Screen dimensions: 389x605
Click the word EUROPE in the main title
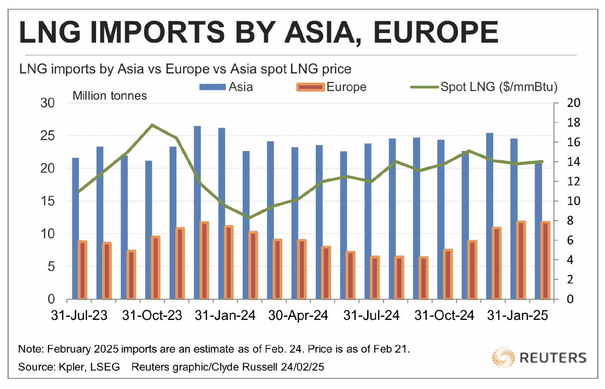click(x=436, y=32)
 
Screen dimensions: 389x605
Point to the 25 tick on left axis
click(x=48, y=136)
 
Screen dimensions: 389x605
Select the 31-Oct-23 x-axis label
click(x=152, y=316)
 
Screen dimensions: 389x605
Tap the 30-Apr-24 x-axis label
click(x=298, y=316)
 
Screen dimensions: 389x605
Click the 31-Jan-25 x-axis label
click(x=517, y=316)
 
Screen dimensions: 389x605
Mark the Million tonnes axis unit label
click(x=110, y=96)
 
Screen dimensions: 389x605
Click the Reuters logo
click(x=539, y=357)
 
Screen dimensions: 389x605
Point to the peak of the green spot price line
click(x=152, y=125)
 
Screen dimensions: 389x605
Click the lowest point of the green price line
click(x=250, y=217)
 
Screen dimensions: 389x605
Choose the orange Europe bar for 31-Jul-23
click(x=82, y=269)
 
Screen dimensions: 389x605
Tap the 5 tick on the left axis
click(x=51, y=266)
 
